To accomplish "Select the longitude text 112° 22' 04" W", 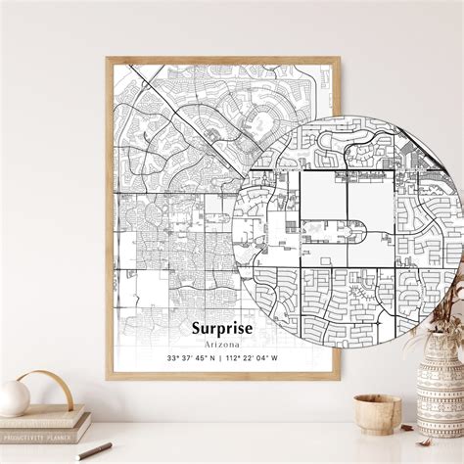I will [x=251, y=357].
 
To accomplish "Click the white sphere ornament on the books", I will [x=14, y=397].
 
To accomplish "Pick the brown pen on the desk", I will [x=94, y=451].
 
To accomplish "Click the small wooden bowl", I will [x=378, y=414].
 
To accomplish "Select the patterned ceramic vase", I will [x=440, y=396].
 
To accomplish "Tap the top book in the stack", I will [x=41, y=415].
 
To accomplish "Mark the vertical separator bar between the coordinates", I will [x=219, y=357].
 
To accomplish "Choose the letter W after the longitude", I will [x=275, y=357].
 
